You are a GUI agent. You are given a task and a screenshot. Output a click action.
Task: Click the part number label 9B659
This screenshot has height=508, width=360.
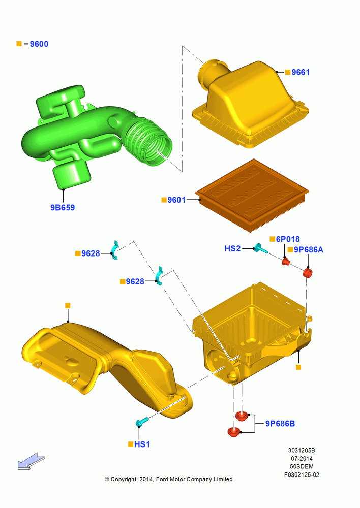coord(63,207)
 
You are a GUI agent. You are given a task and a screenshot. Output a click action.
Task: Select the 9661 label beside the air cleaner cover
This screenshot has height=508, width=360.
coord(301,72)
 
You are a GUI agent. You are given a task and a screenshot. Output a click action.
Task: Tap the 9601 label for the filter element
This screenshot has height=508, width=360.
coord(176,200)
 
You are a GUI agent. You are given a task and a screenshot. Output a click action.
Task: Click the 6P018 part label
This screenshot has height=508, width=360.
coord(288,239)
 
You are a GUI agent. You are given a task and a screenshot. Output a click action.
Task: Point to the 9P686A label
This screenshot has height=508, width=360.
coord(309,250)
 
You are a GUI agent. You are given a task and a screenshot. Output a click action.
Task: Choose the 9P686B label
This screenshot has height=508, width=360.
coord(280,424)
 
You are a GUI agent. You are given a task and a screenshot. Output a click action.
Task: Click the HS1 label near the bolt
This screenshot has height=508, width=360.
coord(142,444)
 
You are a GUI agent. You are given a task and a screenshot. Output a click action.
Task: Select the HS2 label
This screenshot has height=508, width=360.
coord(232,248)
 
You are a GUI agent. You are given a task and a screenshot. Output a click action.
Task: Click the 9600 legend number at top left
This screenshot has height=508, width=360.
coord(39,44)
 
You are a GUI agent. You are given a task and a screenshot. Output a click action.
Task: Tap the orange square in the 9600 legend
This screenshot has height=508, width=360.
coord(19,44)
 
